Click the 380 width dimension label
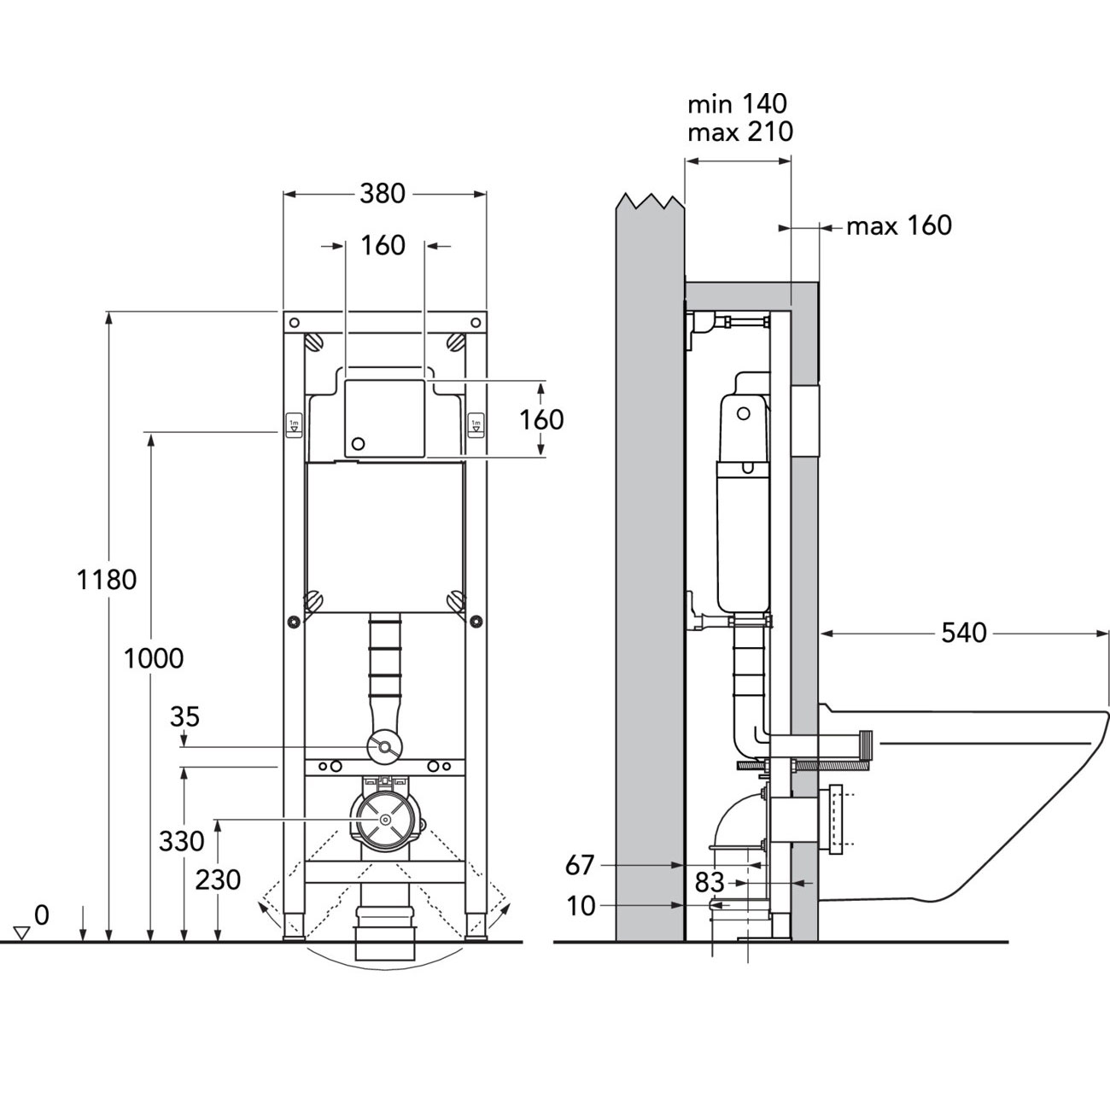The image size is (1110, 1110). click(383, 194)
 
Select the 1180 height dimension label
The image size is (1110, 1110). click(107, 580)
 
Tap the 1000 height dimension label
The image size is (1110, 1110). click(154, 658)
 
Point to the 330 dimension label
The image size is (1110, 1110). click(182, 842)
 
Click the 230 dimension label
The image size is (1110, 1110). click(218, 880)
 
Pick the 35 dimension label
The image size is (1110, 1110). click(185, 717)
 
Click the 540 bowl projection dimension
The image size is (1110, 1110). click(964, 633)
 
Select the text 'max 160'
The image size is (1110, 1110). click(899, 225)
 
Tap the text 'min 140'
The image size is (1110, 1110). click(738, 104)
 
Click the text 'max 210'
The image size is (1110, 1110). click(741, 132)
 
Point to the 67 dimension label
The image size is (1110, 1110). click(580, 865)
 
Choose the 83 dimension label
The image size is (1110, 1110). click(709, 882)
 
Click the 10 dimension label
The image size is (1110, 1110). click(581, 906)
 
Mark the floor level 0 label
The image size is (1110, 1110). click(42, 914)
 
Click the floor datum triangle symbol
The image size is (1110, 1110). click(22, 933)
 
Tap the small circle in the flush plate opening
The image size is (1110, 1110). click(358, 443)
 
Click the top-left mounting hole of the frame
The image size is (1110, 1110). click(294, 322)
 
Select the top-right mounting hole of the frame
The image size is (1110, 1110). click(476, 322)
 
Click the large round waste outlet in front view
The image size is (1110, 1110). click(385, 821)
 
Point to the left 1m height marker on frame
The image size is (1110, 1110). click(294, 425)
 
